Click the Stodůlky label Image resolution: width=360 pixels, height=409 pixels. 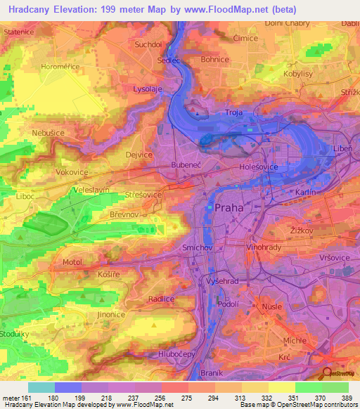[14, 334]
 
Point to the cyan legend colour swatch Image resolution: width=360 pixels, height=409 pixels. [41, 387]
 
